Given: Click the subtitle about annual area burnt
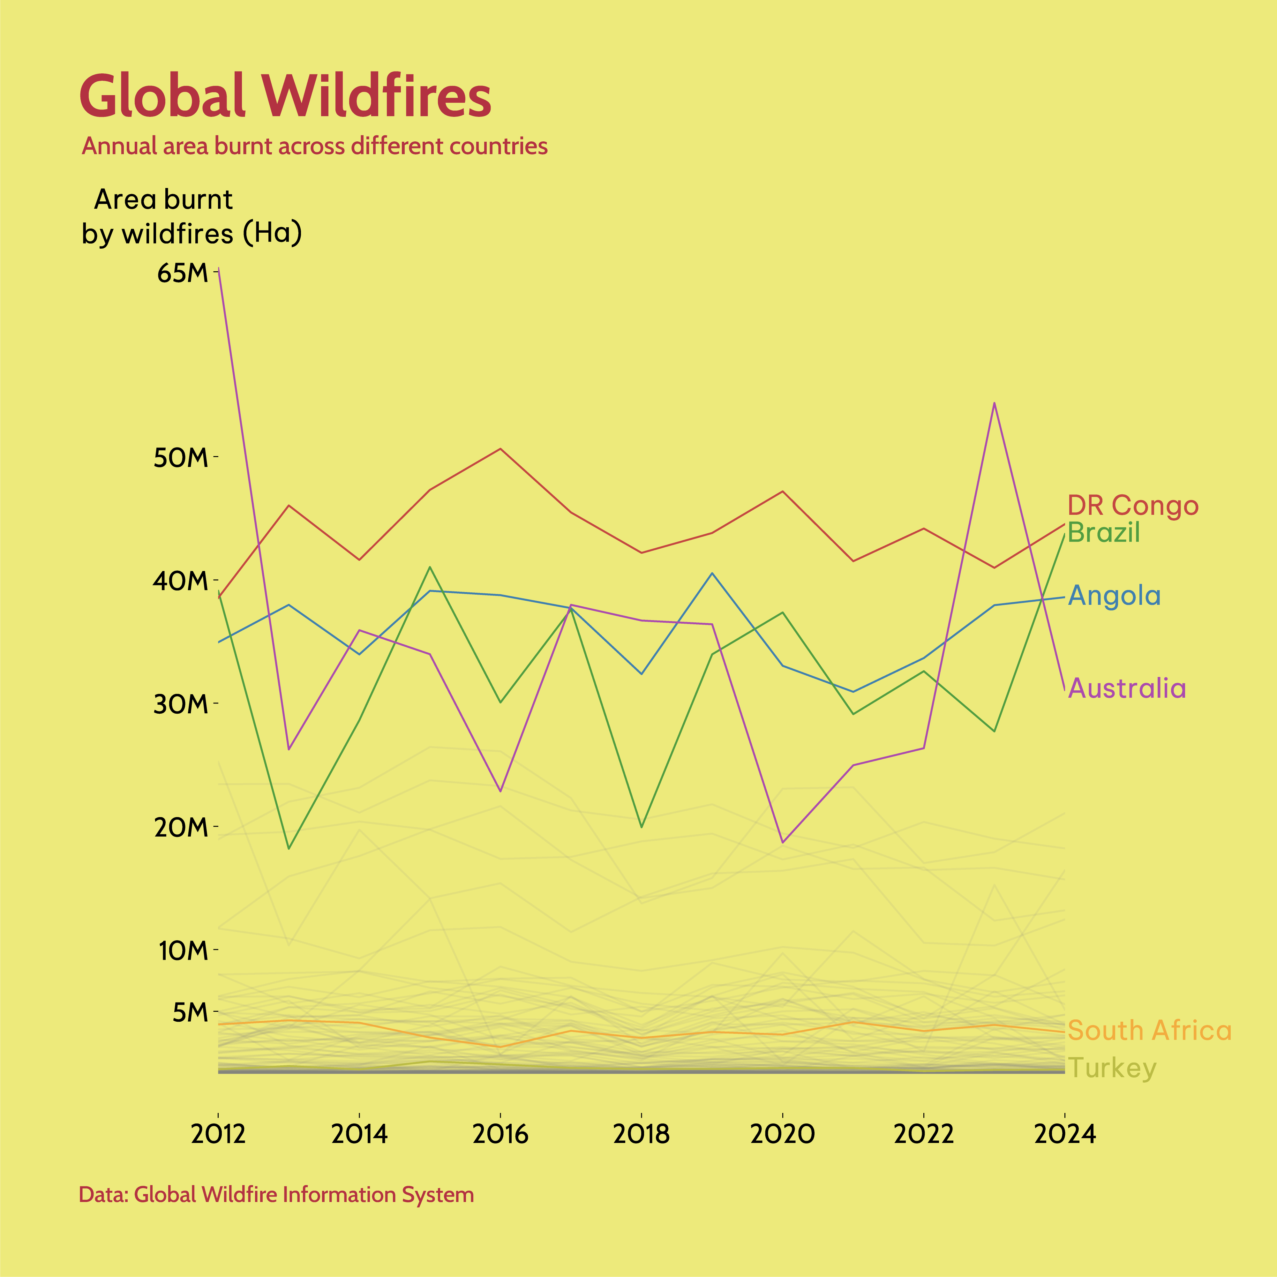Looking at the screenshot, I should (x=315, y=146).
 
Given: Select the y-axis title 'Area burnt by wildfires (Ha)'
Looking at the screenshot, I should (x=192, y=216).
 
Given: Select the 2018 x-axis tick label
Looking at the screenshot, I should (x=641, y=1134).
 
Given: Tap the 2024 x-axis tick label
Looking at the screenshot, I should (x=1064, y=1134).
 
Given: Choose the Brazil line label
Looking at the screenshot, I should (x=1104, y=532).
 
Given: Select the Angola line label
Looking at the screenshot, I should (x=1115, y=596).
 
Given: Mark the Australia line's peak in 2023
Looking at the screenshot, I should (x=994, y=403).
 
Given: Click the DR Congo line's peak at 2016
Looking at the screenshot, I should (x=500, y=449).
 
